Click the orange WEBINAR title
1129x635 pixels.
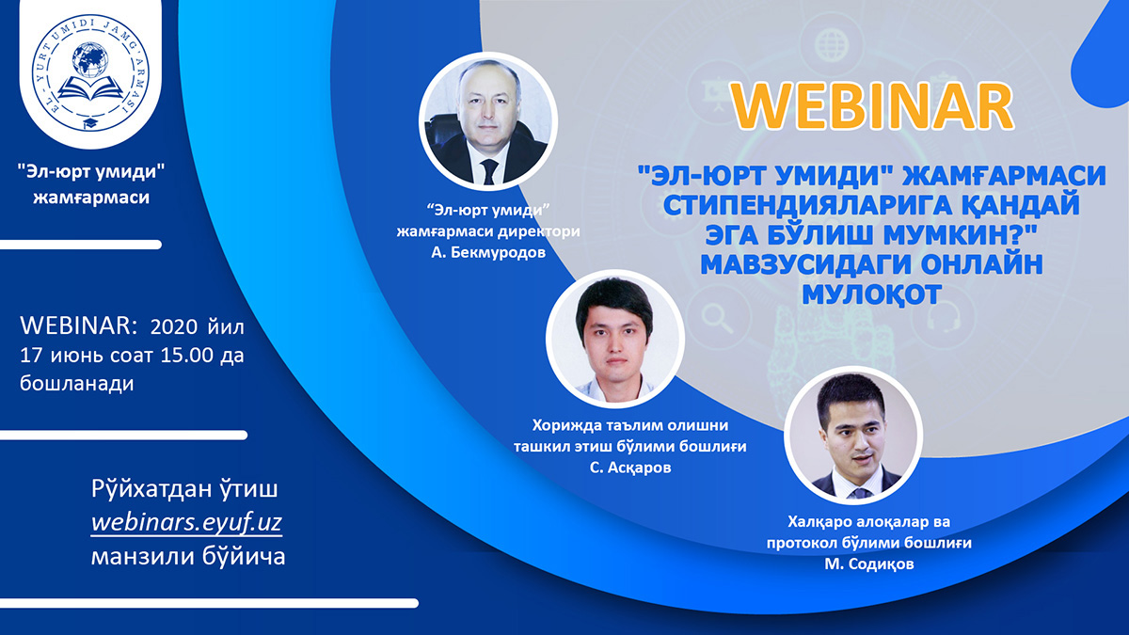pyautogui.click(x=872, y=107)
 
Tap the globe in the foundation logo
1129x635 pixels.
pyautogui.click(x=90, y=60)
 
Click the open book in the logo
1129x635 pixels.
pyautogui.click(x=90, y=88)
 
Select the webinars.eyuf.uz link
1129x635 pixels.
pyautogui.click(x=186, y=523)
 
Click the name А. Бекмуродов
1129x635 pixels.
pyautogui.click(x=488, y=252)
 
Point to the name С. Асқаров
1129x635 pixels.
pyautogui.click(x=630, y=468)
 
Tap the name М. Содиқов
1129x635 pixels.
pyautogui.click(x=869, y=564)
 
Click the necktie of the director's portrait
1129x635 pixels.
pyautogui.click(x=489, y=171)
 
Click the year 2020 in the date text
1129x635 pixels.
pyautogui.click(x=174, y=327)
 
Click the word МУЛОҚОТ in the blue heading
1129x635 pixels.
pyautogui.click(x=872, y=294)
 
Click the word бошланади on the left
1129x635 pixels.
pyautogui.click(x=77, y=384)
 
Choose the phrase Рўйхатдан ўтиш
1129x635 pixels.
pyautogui.click(x=184, y=489)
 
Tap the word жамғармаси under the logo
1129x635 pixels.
pyautogui.click(x=91, y=197)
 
